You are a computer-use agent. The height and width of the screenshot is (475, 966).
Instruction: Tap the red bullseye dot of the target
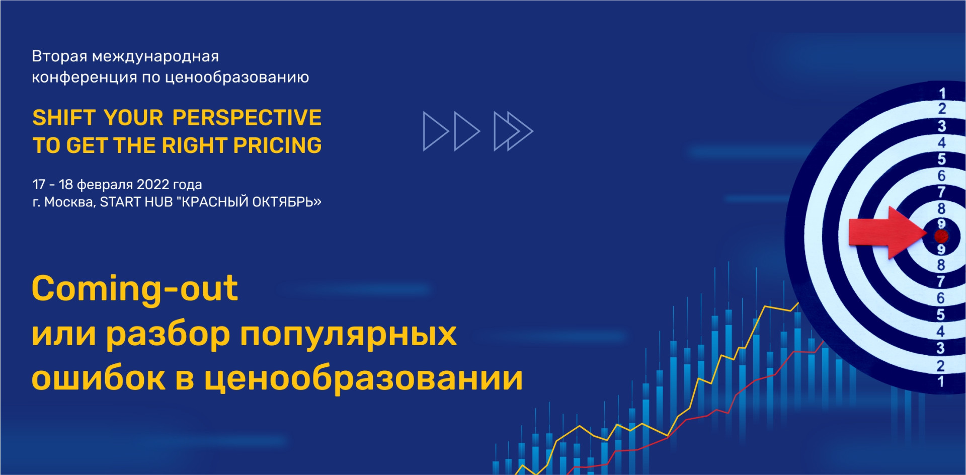pos(941,235)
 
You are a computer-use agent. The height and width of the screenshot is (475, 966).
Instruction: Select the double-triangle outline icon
pos(513,131)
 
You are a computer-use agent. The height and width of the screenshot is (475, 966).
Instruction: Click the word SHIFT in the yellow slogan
pos(64,118)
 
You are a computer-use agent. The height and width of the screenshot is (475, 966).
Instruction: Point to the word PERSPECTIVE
pos(247,118)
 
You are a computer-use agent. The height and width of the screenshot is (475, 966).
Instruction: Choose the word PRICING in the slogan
pos(277,145)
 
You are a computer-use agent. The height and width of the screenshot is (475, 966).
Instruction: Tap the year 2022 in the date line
pos(153,184)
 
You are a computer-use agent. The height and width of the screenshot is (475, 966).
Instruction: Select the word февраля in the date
pos(105,185)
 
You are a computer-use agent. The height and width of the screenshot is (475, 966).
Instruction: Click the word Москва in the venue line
pos(70,202)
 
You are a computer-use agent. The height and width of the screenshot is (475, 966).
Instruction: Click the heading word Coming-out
pos(135,289)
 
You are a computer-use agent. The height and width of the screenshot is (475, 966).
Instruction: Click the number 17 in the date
pos(39,184)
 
